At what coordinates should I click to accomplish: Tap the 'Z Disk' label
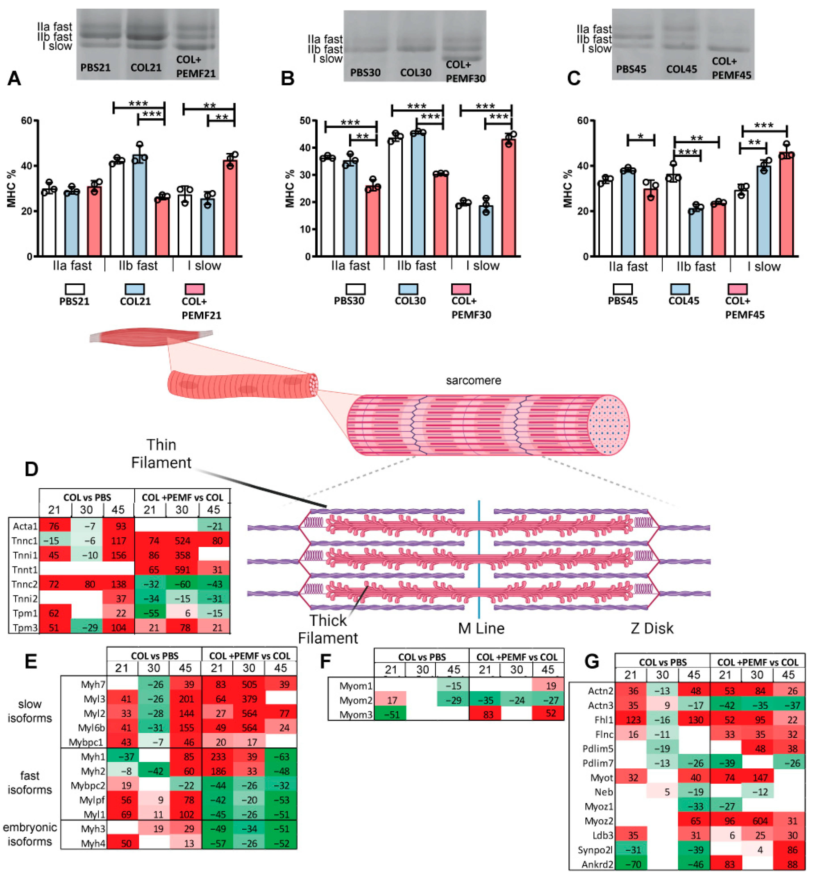coord(651,628)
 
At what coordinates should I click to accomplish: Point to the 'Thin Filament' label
coord(161,454)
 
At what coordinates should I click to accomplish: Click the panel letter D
coord(31,469)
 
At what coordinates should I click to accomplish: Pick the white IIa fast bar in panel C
coord(605,218)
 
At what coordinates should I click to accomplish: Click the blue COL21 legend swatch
coord(135,289)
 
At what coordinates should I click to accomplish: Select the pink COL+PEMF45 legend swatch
coord(737,289)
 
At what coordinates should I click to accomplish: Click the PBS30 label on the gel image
coord(365,72)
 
